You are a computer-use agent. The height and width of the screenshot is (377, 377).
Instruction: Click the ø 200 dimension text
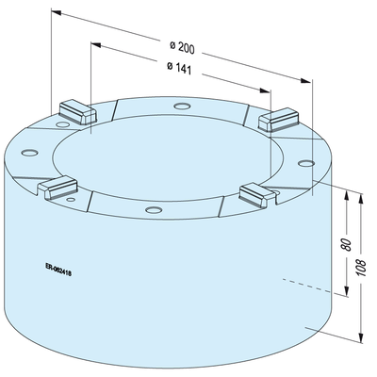click(x=183, y=47)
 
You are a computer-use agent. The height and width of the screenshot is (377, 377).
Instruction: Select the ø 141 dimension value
click(x=179, y=68)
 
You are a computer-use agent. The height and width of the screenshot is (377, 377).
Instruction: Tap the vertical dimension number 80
click(x=346, y=244)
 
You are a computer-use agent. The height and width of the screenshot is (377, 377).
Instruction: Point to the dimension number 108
click(x=362, y=268)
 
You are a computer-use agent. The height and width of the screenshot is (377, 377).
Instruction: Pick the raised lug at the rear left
click(x=77, y=112)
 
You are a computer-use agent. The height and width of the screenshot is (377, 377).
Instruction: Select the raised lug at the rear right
click(x=278, y=120)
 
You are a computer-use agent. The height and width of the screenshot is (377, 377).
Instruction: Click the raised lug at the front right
click(x=257, y=195)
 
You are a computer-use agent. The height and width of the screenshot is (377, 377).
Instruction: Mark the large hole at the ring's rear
click(x=182, y=107)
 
